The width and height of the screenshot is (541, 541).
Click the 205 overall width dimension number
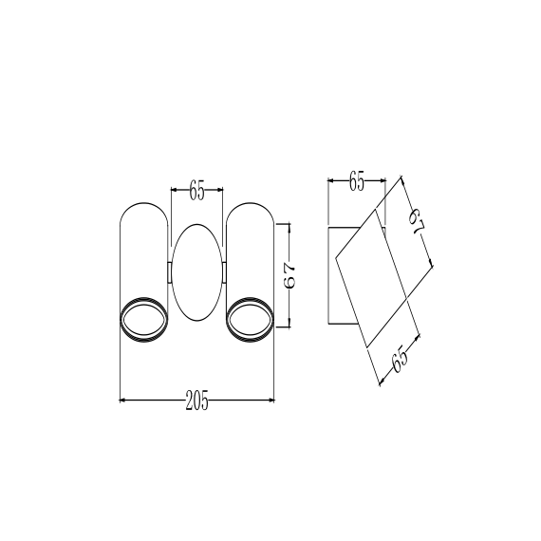click(197, 401)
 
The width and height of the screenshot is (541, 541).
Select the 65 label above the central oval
click(197, 190)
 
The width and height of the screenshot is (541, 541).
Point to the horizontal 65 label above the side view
click(357, 180)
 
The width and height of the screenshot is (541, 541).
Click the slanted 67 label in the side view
click(416, 221)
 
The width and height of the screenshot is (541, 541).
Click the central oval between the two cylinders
click(197, 272)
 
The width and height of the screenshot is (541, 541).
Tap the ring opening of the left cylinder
click(144, 320)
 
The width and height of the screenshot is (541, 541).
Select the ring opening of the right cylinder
click(251, 320)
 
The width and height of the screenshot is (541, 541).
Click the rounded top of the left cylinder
click(144, 202)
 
